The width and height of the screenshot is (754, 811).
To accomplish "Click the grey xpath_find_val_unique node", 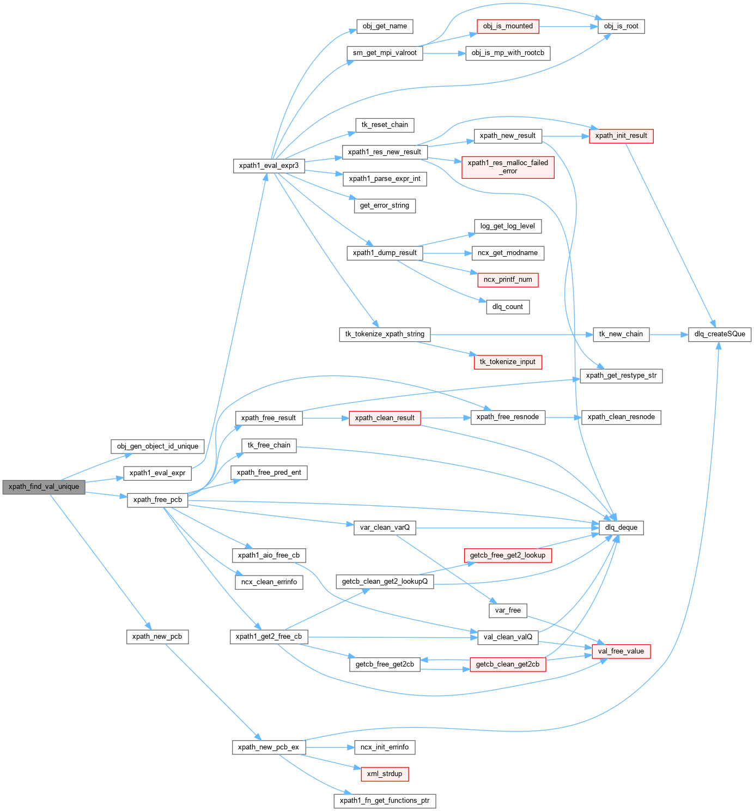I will coord(44,487).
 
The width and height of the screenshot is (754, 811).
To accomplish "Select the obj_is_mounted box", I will coord(508,26).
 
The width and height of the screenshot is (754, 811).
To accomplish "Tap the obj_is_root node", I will coord(621,26).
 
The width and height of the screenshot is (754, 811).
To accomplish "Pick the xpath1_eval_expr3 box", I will coord(269,166).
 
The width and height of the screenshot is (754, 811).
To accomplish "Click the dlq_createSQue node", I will coord(720,334).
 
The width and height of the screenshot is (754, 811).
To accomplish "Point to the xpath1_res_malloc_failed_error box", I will coord(508,167).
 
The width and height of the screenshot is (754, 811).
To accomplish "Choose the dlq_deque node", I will coord(621,528).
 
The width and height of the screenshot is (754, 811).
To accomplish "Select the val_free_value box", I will coord(621,651).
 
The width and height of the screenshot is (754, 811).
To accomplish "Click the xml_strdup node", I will coord(385,774).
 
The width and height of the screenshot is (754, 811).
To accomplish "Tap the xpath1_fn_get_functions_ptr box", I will coord(385,801).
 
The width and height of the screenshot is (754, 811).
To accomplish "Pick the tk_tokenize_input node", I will coord(508,362).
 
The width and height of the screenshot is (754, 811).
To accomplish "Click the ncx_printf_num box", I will coord(508,280).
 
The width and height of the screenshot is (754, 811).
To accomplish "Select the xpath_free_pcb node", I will coord(157,500).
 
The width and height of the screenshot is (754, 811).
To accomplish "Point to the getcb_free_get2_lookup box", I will coord(508,555).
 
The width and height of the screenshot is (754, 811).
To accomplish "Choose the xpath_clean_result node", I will coord(385,418).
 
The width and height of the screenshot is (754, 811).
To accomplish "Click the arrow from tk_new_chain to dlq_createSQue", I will coord(668,334).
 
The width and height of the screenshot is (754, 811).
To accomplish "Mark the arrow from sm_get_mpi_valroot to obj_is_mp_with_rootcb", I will coord(444,53).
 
